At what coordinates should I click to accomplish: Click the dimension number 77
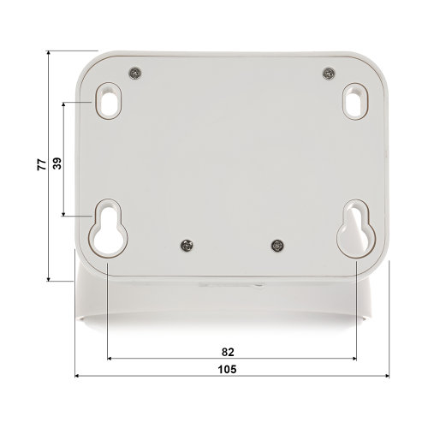[42, 164]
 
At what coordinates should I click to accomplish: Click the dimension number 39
[57, 163]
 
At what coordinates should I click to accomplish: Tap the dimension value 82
[228, 352]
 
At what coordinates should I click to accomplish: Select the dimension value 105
[227, 369]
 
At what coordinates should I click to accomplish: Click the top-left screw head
[135, 73]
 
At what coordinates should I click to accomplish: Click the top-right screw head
[329, 74]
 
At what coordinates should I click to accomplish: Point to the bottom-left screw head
[187, 246]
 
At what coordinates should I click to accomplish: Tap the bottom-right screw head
[277, 246]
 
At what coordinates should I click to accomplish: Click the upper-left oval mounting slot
[109, 101]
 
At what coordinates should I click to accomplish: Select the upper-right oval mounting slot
[355, 101]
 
